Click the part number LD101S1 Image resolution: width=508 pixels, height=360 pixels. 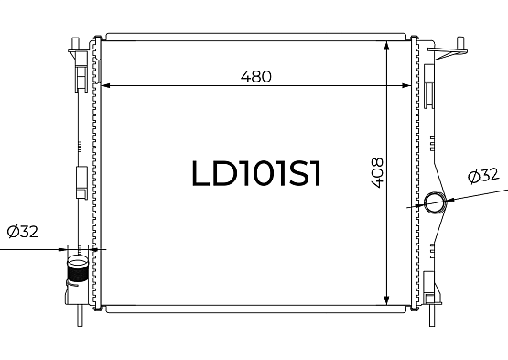(256, 173)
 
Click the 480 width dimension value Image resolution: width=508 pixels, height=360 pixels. (256, 77)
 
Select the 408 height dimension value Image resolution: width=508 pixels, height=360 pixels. (377, 173)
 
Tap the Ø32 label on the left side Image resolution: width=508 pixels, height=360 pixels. (23, 232)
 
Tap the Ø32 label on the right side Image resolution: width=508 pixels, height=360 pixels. (483, 176)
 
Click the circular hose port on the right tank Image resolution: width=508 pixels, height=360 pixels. (435, 202)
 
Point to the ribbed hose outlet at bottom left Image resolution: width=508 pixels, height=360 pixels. (77, 268)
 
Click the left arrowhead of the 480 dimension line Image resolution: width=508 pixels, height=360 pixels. (106, 85)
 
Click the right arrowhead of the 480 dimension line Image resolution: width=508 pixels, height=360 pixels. (406, 85)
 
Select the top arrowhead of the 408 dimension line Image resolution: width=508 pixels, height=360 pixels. (386, 47)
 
